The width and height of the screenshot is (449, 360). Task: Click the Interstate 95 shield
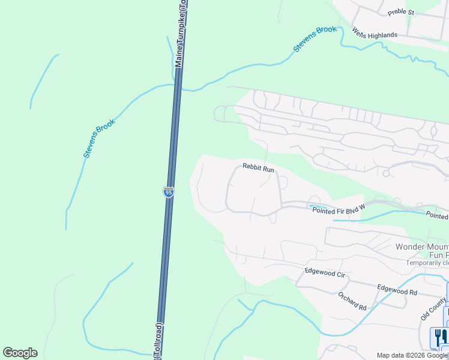point(169,192)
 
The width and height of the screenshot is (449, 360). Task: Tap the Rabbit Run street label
point(258,169)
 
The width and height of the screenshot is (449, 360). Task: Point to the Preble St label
point(401,12)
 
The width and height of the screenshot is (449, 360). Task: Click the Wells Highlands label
point(375,35)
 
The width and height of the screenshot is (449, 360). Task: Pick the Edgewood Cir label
point(325,271)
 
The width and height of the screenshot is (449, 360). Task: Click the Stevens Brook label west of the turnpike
point(99,137)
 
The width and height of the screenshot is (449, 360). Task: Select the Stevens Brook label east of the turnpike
point(315,39)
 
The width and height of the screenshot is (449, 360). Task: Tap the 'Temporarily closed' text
point(427,263)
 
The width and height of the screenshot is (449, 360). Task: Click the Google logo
point(20,353)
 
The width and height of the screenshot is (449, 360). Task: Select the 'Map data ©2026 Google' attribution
point(412,355)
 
